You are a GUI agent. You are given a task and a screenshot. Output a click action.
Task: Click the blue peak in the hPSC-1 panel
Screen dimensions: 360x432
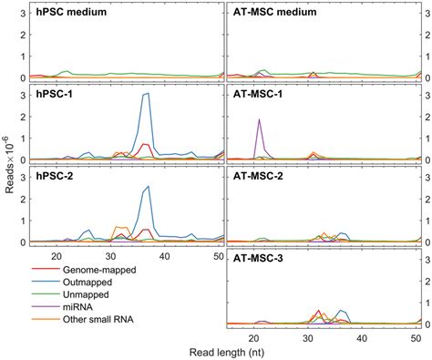tap(146, 94)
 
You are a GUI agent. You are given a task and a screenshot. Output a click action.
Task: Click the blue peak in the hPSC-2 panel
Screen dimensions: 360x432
tap(147, 188)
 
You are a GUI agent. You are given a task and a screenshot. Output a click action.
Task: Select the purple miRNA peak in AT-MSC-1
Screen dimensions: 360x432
tap(260, 120)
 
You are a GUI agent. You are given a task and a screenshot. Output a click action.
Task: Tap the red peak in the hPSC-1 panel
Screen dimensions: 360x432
tap(146, 144)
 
